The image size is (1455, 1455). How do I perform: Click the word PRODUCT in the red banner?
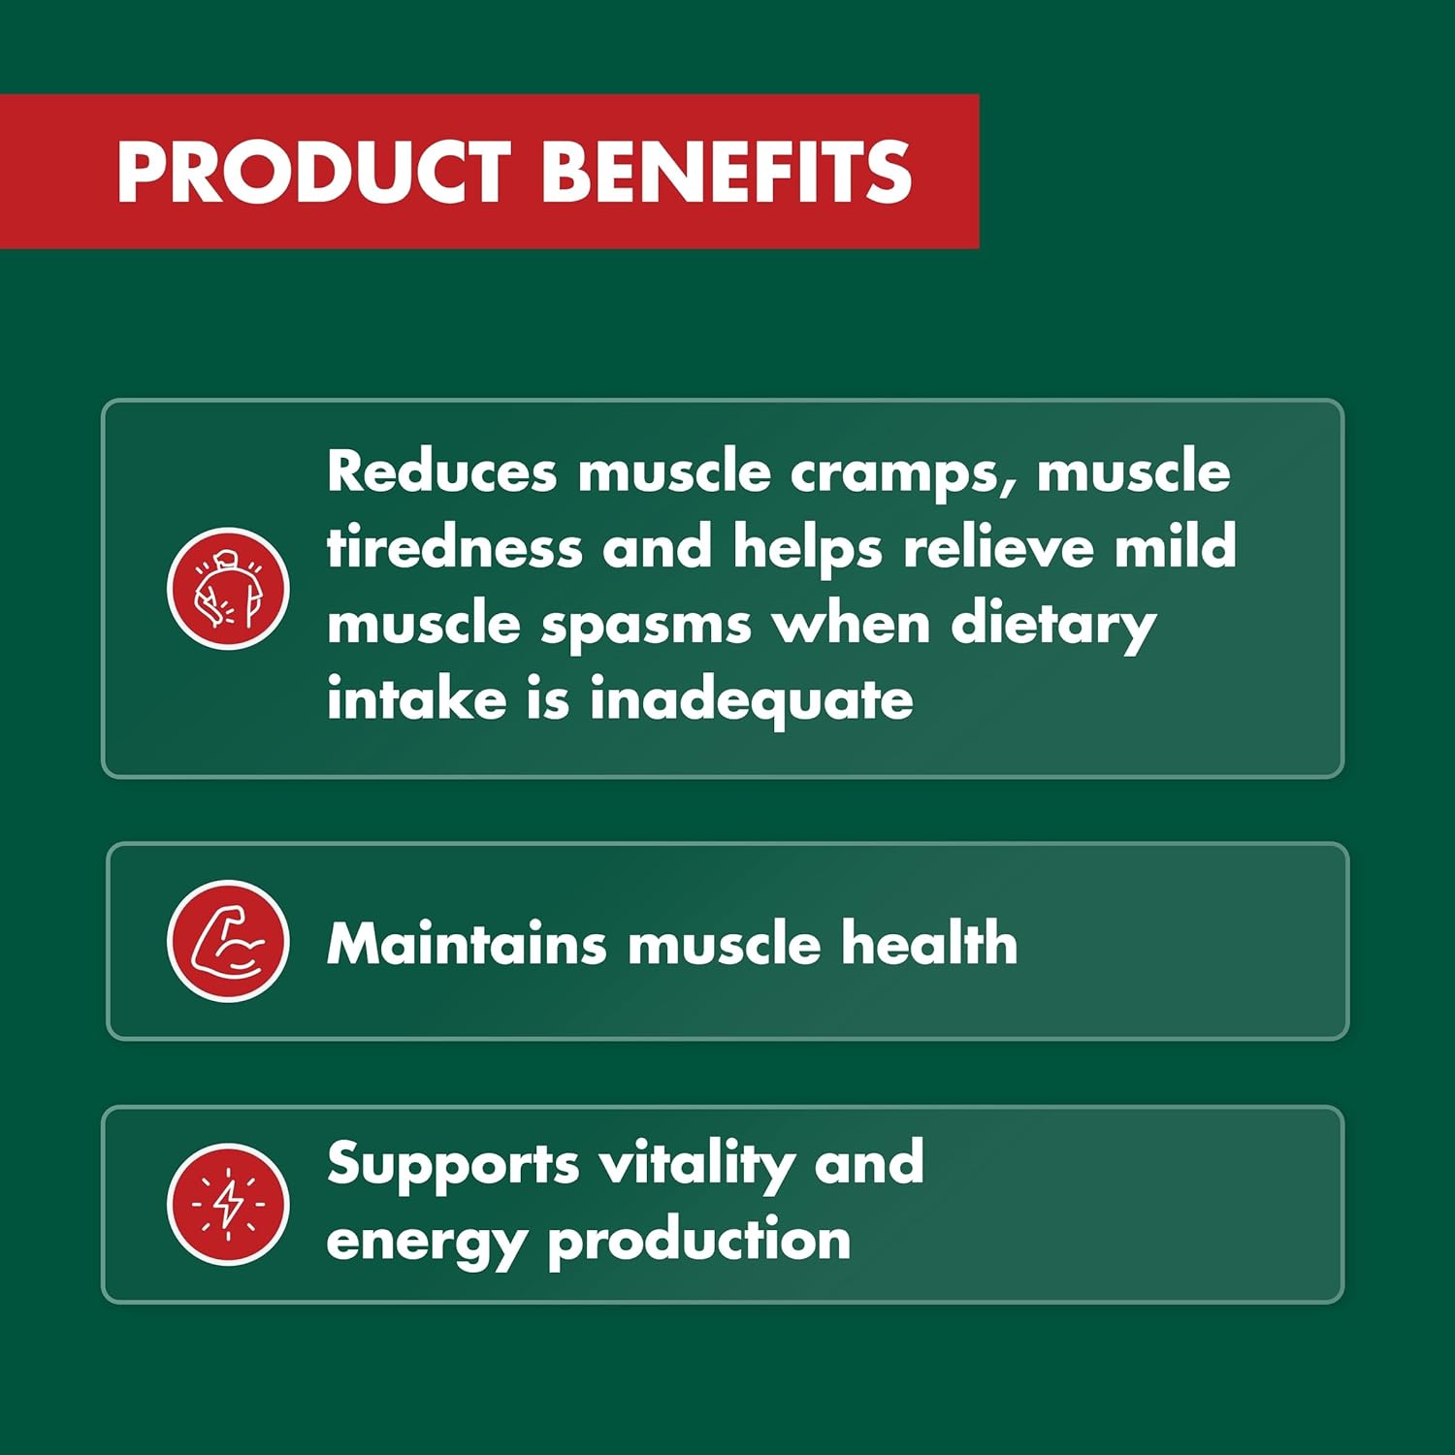[312, 172]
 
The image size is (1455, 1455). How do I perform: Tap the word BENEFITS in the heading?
[726, 172]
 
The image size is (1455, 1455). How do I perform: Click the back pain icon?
[228, 589]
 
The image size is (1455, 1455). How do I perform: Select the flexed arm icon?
[228, 941]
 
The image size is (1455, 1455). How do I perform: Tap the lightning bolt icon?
[228, 1204]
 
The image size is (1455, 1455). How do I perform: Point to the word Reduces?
[441, 471]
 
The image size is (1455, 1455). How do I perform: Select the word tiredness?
[454, 547]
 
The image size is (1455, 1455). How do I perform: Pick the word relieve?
[998, 547]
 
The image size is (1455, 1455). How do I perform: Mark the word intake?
[416, 699]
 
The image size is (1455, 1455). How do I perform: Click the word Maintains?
[467, 943]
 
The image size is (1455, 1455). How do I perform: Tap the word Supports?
[453, 1165]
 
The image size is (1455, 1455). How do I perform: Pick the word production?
[698, 1242]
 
